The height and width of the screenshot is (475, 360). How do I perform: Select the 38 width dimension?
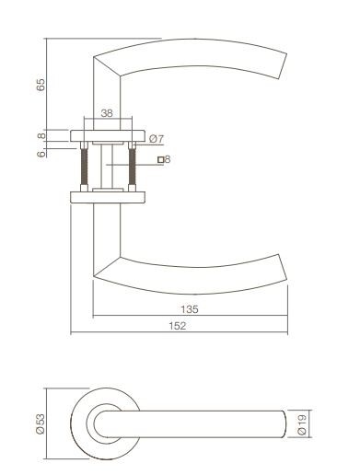coord(107,114)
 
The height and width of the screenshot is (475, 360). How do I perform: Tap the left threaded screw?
coord(86,167)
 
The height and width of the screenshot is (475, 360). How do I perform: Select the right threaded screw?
coord(133,167)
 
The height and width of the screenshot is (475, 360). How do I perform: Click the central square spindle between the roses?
coord(109,167)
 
